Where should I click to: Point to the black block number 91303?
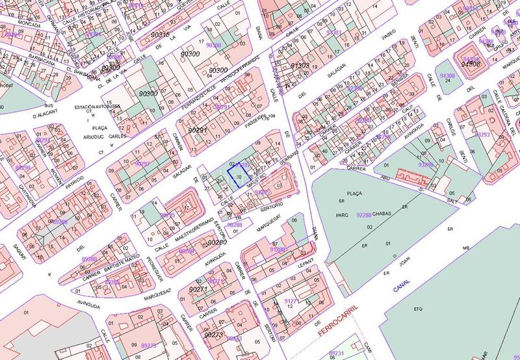coord(300,66)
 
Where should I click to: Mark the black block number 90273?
coord(213,335)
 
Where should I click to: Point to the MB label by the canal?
coord(465,248)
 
